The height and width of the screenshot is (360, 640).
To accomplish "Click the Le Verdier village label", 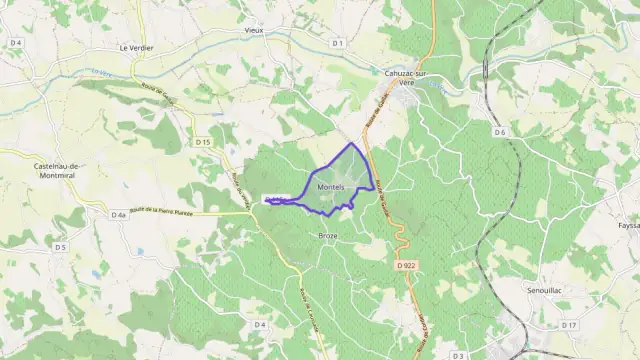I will pos(135,46).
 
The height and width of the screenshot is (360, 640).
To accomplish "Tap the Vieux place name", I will pos(255,30).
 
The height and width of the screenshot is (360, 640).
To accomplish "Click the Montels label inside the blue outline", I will pos(331,188).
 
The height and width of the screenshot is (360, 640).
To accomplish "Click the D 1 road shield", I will pos(337,43).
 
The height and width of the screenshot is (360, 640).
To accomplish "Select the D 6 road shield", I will pos(500,132).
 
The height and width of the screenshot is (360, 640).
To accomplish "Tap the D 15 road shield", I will pos(203,142).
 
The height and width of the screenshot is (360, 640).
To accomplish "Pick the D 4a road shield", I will pos(118,214).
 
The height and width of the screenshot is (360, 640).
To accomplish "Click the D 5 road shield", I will pos(60,246).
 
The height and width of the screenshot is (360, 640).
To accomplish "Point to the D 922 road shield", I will pos(405,265).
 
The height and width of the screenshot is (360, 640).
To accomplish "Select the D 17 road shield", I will pos(569,325).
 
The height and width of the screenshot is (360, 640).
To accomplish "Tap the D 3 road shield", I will pos(458,355).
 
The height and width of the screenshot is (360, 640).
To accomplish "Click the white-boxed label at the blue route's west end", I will pos(277,199).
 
